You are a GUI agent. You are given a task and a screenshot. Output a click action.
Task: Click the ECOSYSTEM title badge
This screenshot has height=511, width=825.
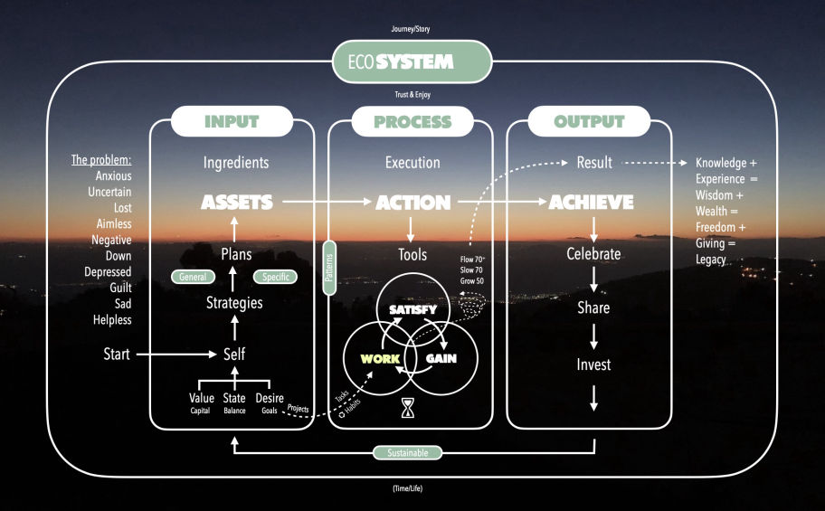tap(412, 62)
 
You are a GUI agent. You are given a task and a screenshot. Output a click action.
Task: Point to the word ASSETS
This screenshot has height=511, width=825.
tap(237, 203)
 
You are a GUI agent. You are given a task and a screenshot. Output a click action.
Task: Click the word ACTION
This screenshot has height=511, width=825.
tap(412, 203)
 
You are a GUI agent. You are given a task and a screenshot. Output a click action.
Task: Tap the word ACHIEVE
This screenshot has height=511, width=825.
tap(591, 203)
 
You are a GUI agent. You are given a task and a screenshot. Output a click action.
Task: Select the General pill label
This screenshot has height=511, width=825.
tap(192, 277)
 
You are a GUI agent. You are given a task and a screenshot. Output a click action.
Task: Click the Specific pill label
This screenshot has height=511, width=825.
tap(275, 277)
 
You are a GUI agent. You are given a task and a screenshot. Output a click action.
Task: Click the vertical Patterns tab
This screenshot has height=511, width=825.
tap(329, 268)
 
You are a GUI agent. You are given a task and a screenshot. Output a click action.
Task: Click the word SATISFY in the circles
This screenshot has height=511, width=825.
tap(412, 310)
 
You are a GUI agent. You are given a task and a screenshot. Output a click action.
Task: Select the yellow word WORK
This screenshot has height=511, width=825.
tap(380, 358)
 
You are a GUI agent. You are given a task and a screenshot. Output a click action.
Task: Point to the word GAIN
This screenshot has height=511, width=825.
tap(441, 358)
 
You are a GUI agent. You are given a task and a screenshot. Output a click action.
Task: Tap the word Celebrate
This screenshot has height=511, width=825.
tap(593, 254)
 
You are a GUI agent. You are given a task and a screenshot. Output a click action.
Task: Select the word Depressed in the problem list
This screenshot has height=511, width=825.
tap(108, 271)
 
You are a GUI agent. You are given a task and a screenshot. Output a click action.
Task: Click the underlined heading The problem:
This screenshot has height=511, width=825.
tap(101, 160)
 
